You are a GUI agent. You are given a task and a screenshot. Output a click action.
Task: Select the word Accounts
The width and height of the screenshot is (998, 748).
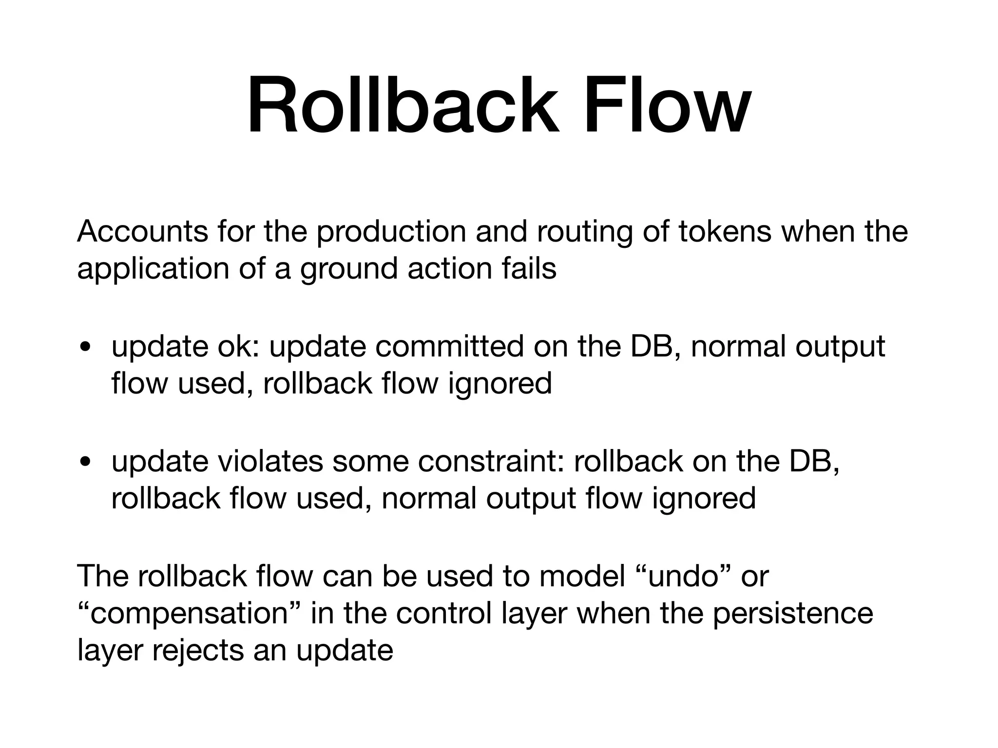coord(142,232)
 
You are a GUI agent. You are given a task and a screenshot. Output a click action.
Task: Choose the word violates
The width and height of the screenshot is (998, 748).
coord(270,461)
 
